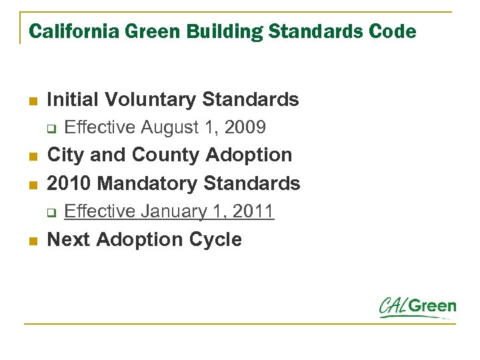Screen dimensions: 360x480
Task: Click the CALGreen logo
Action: point(417,307)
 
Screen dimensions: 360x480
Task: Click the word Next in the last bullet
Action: point(69,239)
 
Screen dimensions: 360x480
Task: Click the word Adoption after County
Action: point(249,155)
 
